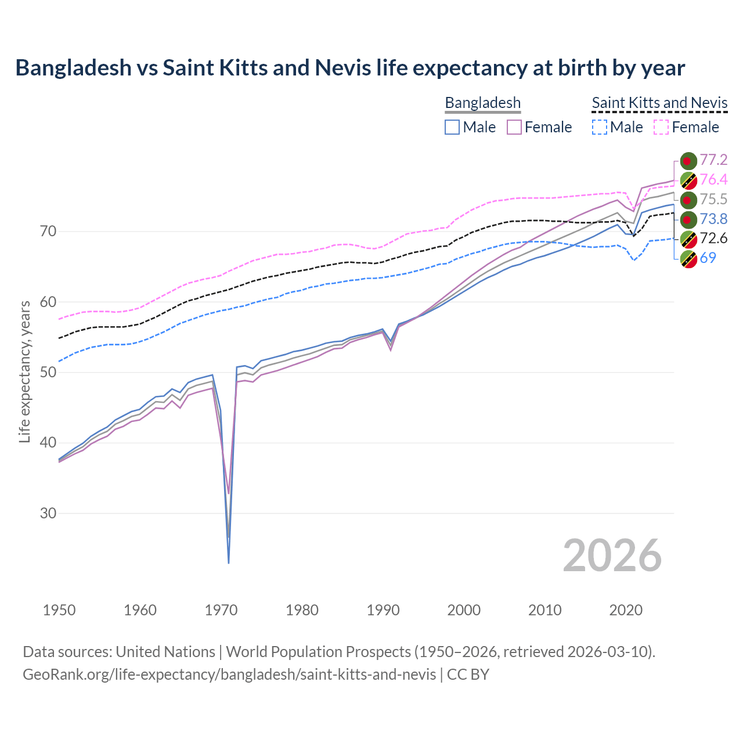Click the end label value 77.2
point(713,160)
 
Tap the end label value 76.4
point(713,179)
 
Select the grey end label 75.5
point(713,199)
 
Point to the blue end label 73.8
point(713,219)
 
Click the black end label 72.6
point(713,238)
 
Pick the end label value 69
point(708,258)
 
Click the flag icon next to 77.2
point(688,161)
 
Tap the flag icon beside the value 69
point(688,258)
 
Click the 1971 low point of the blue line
point(229,562)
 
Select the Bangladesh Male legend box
point(452,127)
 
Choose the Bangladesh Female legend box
point(514,127)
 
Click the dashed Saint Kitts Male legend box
point(600,127)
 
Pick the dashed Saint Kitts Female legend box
point(662,127)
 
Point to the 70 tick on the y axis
point(48,232)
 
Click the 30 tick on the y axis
point(48,514)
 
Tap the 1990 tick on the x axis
point(383,610)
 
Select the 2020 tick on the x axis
point(626,610)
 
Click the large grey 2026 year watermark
point(612,556)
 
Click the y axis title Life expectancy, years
point(24,371)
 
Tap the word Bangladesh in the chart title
point(73,68)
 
